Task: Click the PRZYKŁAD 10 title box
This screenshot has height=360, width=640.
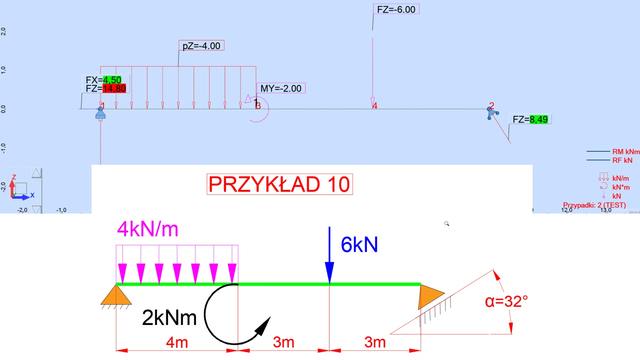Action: [279, 185]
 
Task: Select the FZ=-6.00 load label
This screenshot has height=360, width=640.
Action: [396, 9]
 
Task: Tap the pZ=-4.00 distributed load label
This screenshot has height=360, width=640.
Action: [201, 46]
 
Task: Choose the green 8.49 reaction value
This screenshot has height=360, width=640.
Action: [539, 120]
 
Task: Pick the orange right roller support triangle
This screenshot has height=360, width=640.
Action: [431, 297]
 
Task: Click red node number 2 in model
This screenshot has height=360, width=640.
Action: [491, 105]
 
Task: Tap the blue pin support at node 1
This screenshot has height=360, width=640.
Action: [100, 116]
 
